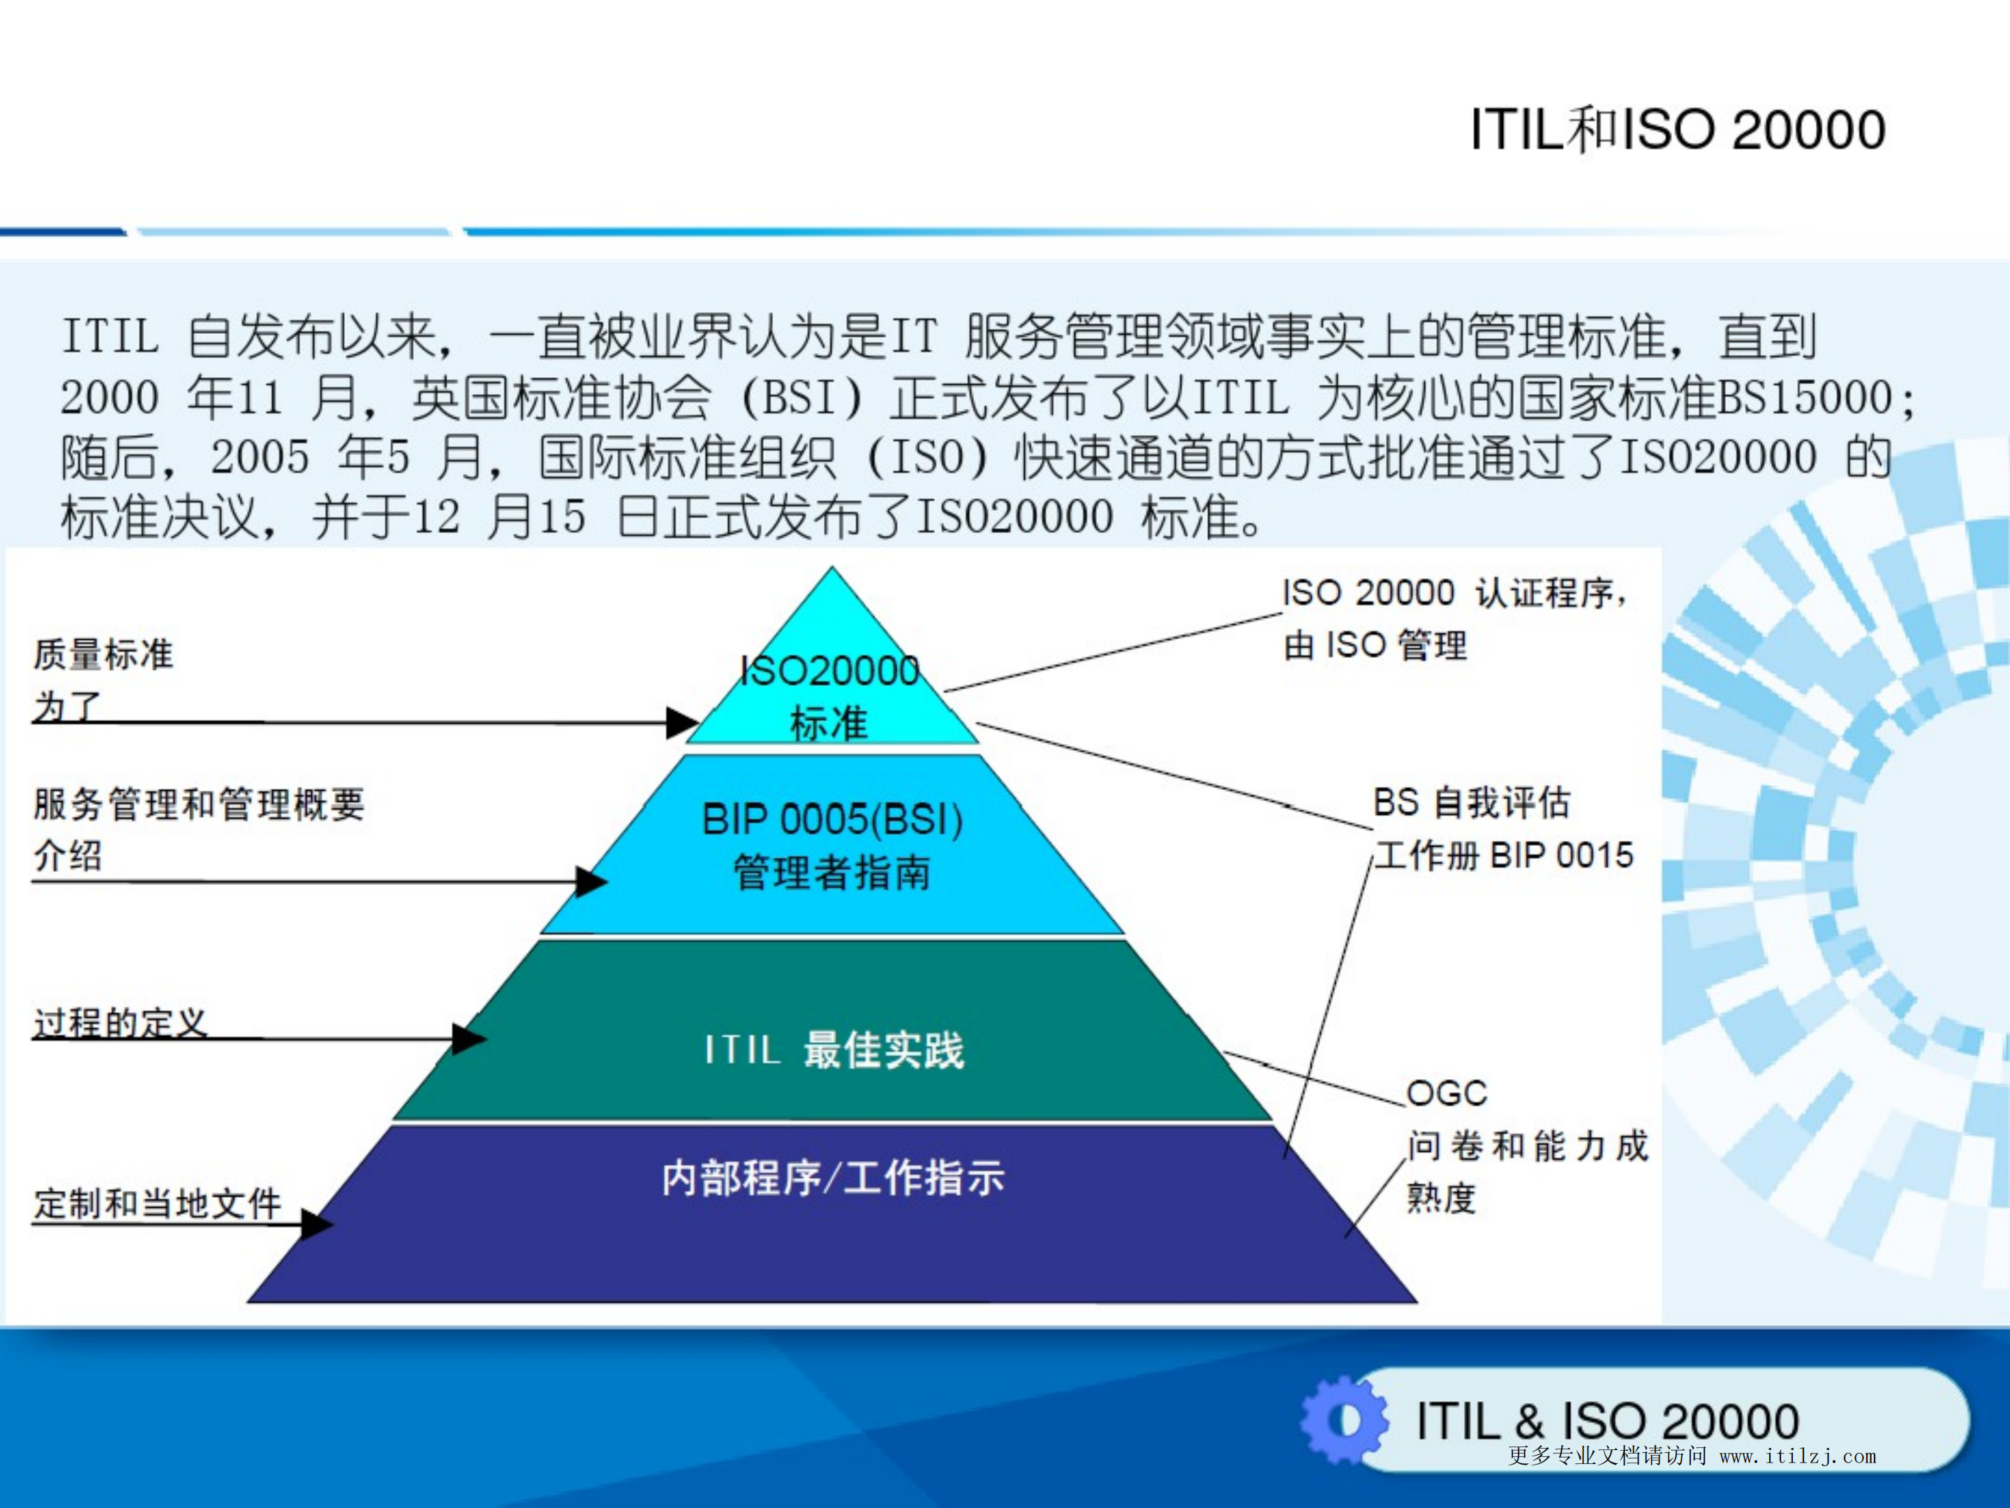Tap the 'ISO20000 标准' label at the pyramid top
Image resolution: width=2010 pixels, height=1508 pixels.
coord(829,696)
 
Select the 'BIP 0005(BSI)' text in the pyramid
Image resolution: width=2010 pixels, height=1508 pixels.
coord(832,820)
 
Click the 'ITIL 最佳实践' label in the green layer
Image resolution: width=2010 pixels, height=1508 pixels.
coord(834,1050)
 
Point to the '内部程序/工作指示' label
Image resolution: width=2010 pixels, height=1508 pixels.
coord(832,1178)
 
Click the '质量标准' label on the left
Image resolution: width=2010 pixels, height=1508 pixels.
coord(103,654)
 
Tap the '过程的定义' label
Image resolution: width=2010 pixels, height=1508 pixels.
coord(120,1023)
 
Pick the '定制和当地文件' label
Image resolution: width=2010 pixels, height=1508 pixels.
coord(157,1203)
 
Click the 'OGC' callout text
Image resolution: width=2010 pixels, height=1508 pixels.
coord(1446,1092)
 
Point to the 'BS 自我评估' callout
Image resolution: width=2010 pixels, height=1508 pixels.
coord(1471,803)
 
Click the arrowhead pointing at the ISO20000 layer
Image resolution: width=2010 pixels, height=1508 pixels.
coord(682,723)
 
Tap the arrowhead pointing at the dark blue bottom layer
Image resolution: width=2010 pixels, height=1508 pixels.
coord(317,1224)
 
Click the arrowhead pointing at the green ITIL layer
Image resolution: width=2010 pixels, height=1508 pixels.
coord(469,1038)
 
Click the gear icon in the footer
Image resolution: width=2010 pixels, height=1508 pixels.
coord(1343,1420)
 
